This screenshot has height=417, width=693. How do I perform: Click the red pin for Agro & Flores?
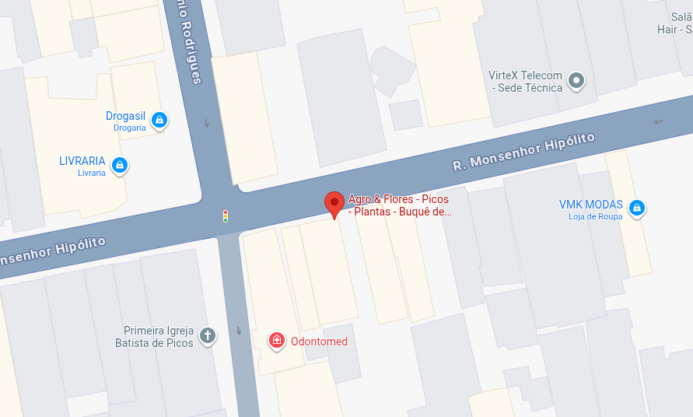[334, 203]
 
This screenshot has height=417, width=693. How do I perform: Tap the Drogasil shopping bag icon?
[159, 120]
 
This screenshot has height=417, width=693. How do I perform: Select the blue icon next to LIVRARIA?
[119, 164]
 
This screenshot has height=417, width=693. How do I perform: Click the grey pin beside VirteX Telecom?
[576, 79]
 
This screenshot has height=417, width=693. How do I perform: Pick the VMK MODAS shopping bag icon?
[637, 208]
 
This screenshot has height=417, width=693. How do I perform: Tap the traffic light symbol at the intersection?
[226, 216]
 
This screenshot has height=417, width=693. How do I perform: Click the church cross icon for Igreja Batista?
[207, 335]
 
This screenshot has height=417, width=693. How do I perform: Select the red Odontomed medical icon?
[276, 340]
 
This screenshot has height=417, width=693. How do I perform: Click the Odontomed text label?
[319, 342]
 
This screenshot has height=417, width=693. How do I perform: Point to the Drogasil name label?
[125, 116]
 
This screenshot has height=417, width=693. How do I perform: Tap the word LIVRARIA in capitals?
[82, 161]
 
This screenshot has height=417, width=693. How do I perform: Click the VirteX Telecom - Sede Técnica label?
[525, 82]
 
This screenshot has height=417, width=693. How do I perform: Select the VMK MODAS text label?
[590, 205]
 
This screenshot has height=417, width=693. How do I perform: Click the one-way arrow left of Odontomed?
[239, 331]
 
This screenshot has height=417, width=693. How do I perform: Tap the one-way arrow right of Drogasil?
[207, 123]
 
